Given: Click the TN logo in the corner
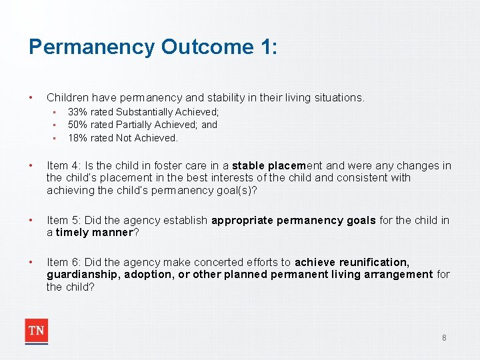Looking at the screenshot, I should tap(37, 331).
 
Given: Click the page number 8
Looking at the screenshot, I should tap(444, 338).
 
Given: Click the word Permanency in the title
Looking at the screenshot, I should tap(91, 47).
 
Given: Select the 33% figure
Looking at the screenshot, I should tap(78, 112).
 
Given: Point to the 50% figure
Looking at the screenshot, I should tap(78, 125).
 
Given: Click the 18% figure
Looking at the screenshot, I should tap(78, 138).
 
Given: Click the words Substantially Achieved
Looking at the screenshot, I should tap(167, 112).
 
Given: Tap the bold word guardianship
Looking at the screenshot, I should tap(77, 275).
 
